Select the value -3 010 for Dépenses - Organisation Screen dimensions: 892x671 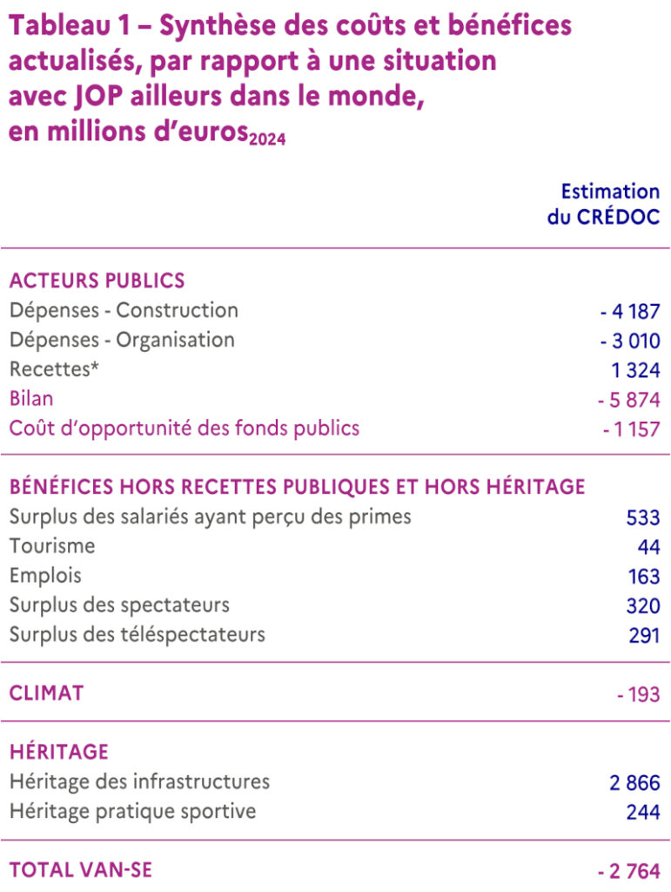pos(629,341)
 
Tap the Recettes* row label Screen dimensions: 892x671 pos(54,369)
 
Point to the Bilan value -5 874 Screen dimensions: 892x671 pos(628,400)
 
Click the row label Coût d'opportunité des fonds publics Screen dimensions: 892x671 pos(184,429)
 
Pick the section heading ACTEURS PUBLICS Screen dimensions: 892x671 pos(97,280)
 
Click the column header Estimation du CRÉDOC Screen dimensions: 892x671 pos(604,204)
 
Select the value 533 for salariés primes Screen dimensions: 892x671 pos(642,517)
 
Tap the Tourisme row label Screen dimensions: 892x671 pos(52,546)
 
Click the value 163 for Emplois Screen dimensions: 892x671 pos(643,577)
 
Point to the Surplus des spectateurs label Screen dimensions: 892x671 pos(119,605)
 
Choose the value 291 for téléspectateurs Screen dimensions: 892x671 pos(643,636)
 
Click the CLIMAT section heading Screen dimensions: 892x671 pos(47,693)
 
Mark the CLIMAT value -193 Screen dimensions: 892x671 pos(637,695)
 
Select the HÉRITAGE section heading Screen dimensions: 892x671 pos(59,752)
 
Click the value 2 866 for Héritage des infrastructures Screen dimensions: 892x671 pos(634,782)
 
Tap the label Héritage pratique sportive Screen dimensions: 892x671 pos(132,811)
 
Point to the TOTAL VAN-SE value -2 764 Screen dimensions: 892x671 pos(628,871)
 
